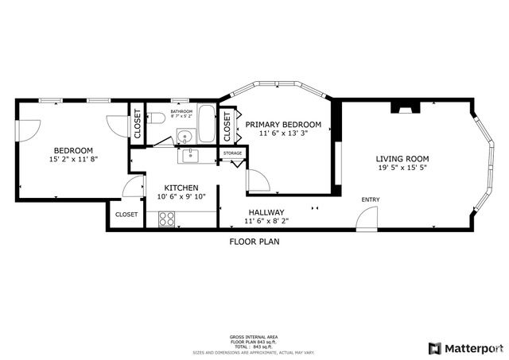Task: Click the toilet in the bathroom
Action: click(x=157, y=118)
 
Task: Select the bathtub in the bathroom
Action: click(x=206, y=125)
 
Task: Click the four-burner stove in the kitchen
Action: click(x=167, y=218)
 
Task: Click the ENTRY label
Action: click(x=371, y=199)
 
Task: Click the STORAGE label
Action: click(x=232, y=153)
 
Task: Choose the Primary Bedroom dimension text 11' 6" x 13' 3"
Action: click(x=283, y=134)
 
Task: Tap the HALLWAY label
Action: click(x=266, y=212)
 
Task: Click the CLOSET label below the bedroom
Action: click(x=126, y=215)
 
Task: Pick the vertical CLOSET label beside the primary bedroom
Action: click(x=227, y=126)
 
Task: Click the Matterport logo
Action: click(x=465, y=348)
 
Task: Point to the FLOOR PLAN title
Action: click(x=254, y=242)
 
